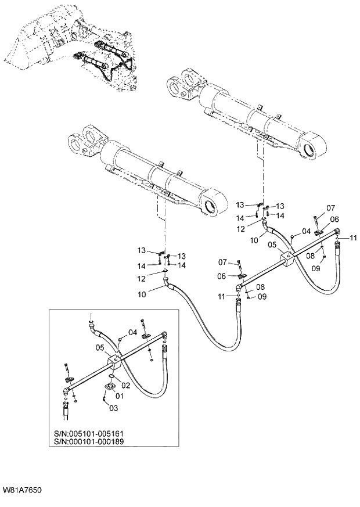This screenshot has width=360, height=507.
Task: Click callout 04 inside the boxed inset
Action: [x=132, y=332]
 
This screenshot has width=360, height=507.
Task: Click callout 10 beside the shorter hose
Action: [x=254, y=239]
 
